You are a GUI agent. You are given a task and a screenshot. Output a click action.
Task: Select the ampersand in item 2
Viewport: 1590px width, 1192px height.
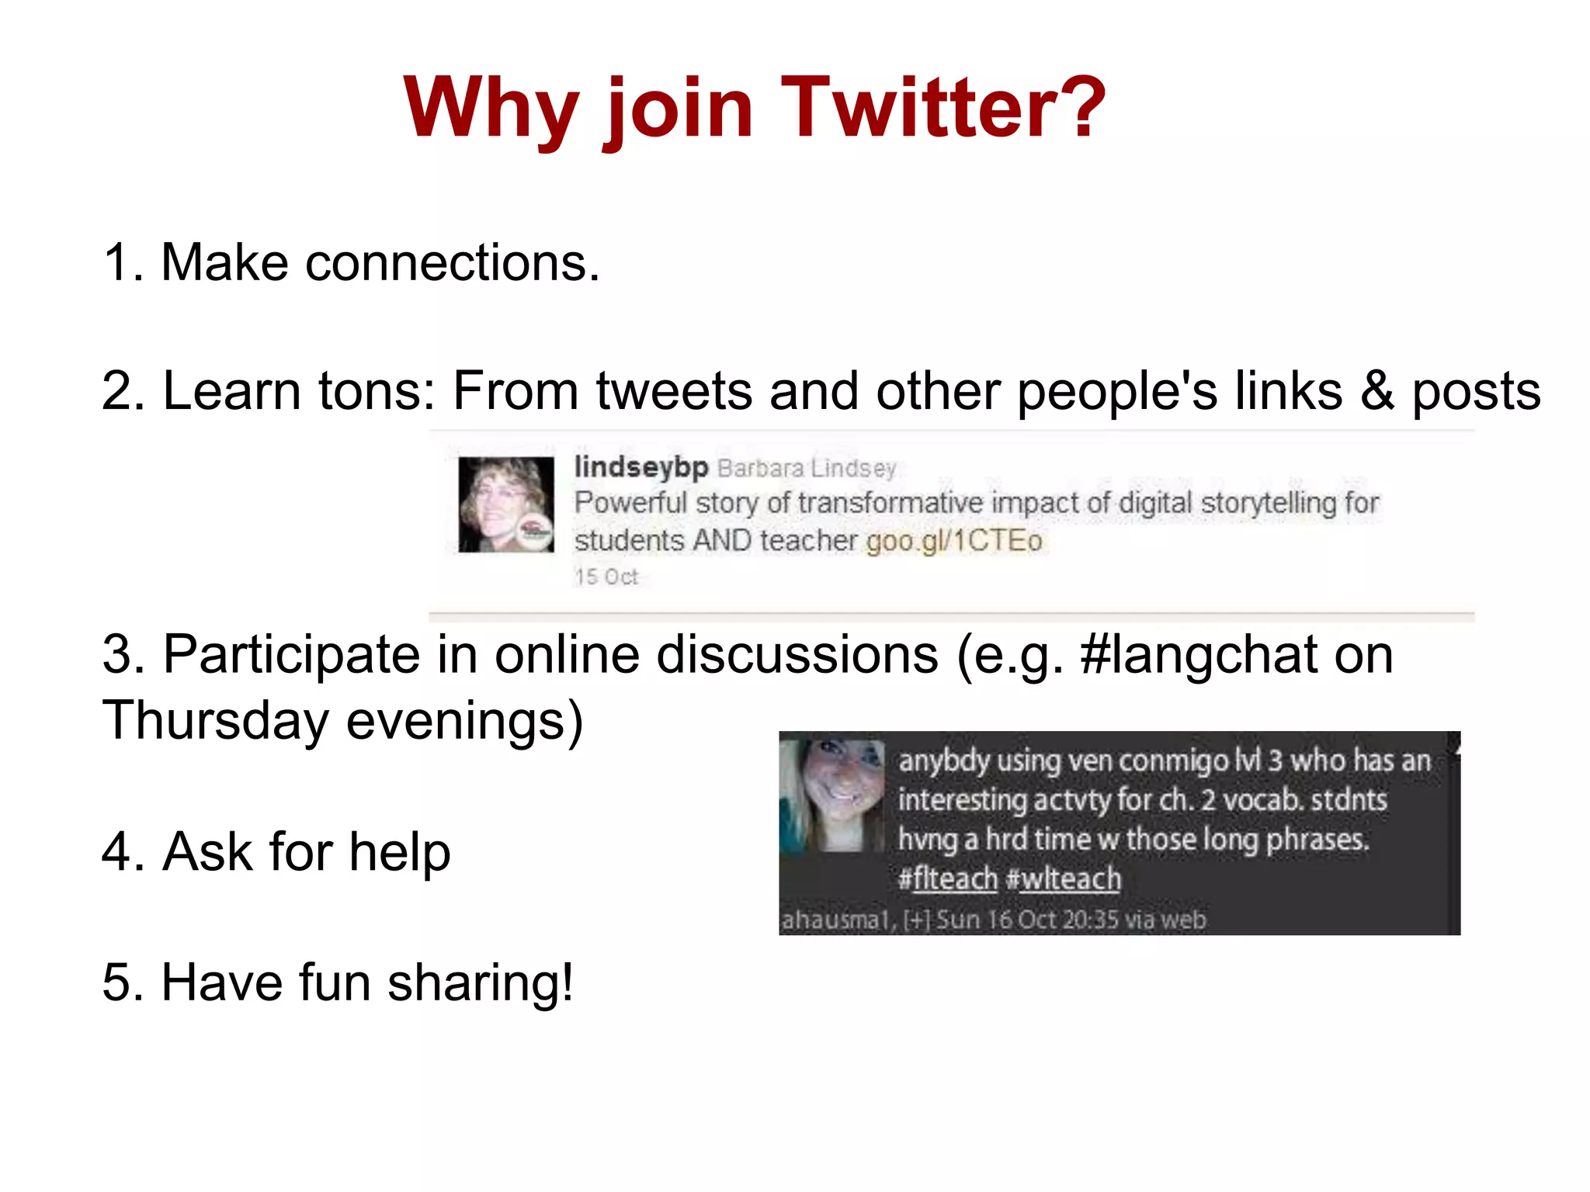click(1376, 390)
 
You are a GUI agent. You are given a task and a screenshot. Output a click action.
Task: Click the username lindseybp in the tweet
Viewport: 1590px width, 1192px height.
click(641, 467)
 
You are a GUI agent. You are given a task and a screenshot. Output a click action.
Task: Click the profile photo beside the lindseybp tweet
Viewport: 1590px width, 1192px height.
click(506, 504)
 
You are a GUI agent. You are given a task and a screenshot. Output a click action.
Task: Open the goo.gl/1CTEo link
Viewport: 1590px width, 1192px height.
click(953, 541)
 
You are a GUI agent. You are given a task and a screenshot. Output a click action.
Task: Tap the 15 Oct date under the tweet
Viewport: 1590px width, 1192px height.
click(606, 577)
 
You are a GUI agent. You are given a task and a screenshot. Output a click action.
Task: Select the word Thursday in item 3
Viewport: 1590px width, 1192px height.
click(216, 720)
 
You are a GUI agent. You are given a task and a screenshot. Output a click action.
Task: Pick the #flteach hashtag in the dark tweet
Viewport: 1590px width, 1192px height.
click(947, 879)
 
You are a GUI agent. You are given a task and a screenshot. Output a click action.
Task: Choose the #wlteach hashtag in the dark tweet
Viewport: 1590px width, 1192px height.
click(1064, 879)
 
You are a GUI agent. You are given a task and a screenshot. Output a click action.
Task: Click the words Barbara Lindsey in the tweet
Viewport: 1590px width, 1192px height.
click(807, 469)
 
